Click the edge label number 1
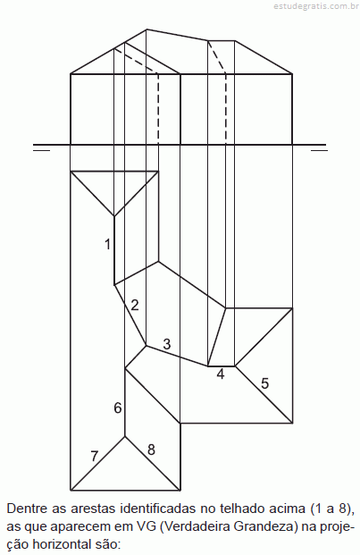click(x=107, y=244)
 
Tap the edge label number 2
click(x=135, y=305)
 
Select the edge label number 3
click(x=167, y=344)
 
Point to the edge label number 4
click(x=221, y=374)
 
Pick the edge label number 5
click(x=265, y=383)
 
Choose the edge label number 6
click(x=118, y=408)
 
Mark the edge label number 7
click(x=94, y=457)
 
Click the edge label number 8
click(x=151, y=450)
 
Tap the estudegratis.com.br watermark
click(x=316, y=6)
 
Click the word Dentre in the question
click(x=27, y=509)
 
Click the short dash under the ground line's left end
click(x=41, y=150)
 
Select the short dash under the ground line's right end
click(x=319, y=150)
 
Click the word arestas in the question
click(x=93, y=509)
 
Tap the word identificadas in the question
click(x=158, y=509)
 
